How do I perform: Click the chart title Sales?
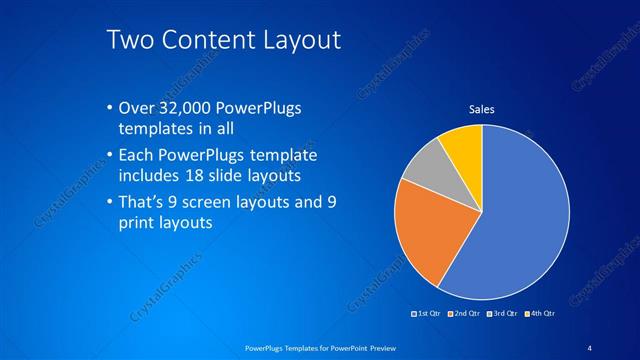click(x=482, y=109)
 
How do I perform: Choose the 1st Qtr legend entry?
click(x=428, y=314)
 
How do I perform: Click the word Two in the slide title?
click(x=128, y=40)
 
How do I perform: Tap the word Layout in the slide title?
click(x=299, y=40)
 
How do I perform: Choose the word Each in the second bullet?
click(x=136, y=156)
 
